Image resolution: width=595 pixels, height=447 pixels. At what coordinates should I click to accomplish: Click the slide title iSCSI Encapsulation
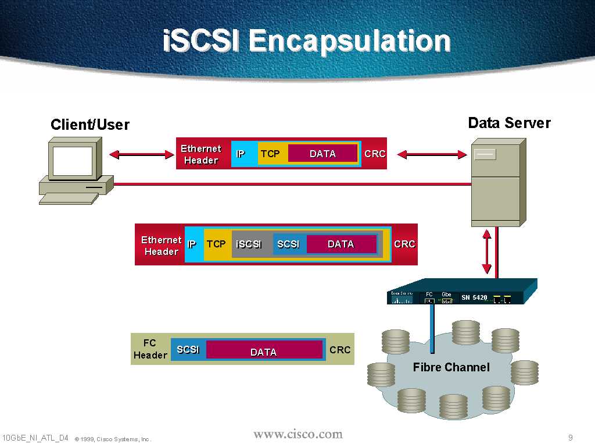[x=307, y=42]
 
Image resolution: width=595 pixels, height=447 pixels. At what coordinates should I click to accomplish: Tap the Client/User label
[x=90, y=125]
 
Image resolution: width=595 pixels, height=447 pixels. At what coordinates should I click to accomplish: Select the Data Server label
[x=509, y=123]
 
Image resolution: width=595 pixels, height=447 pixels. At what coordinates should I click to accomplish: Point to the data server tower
[x=497, y=182]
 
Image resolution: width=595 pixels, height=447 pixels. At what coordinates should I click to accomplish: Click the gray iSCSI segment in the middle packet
[x=249, y=244]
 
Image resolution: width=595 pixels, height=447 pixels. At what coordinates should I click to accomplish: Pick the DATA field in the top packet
[x=322, y=154]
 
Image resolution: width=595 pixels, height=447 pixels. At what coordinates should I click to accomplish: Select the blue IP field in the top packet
[x=241, y=154]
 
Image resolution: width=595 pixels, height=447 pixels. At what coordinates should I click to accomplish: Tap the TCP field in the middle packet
[x=216, y=244]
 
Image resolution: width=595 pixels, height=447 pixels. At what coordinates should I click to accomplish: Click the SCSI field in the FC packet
[x=188, y=349]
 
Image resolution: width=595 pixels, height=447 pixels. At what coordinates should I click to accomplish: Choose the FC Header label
[x=150, y=349]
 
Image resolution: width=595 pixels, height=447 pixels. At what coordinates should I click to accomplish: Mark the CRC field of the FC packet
[x=340, y=350]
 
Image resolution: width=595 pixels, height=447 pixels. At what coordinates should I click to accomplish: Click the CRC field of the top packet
[x=375, y=154]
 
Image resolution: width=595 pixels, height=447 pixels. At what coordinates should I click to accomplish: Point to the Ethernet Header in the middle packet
[x=161, y=246]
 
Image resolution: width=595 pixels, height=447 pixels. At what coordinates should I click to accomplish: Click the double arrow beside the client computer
[x=141, y=155]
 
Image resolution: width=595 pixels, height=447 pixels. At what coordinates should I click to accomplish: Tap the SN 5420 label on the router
[x=474, y=298]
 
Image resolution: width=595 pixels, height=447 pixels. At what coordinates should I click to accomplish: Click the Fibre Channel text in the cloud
[x=451, y=367]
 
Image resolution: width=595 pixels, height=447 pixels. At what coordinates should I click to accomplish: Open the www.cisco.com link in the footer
[x=298, y=434]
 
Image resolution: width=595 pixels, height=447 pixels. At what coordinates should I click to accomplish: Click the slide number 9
[x=571, y=438]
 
